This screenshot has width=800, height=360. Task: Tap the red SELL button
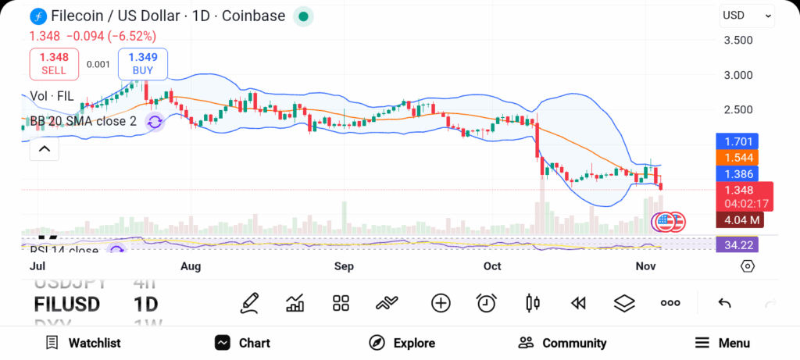[x=54, y=63]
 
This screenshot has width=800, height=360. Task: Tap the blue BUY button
[x=143, y=63]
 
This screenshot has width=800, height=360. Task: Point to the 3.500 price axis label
[x=737, y=41]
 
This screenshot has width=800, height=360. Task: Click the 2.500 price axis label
[x=737, y=110]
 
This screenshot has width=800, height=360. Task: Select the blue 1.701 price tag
[x=737, y=142]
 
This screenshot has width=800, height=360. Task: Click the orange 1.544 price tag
[x=737, y=158]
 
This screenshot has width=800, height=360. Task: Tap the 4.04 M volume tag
[x=738, y=220]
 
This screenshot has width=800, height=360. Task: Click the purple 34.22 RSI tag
[x=737, y=244]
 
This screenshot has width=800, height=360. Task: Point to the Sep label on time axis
[x=344, y=266]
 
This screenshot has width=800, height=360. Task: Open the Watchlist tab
[x=83, y=343]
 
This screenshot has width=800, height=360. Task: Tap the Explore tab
[x=402, y=343]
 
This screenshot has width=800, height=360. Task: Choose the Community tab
[x=562, y=343]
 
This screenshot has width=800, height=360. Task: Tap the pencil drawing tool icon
[x=250, y=303]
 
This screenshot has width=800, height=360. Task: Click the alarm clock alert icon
[x=487, y=303]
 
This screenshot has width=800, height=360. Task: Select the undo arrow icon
[x=724, y=303]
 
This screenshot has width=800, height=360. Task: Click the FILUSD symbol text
[x=66, y=304]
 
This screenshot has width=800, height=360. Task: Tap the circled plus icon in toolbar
[x=441, y=303]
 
